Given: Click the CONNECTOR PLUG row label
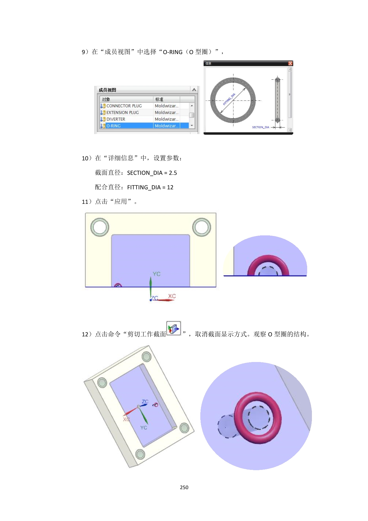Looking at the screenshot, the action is tap(124, 106).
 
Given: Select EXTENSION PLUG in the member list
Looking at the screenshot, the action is tap(123, 113).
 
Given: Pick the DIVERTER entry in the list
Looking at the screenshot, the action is tap(116, 119).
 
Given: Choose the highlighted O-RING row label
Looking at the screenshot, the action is tap(113, 126).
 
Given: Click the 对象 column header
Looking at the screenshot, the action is tap(106, 99).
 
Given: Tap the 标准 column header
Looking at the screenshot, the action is tap(159, 99).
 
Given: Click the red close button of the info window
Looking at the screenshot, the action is tap(290, 63).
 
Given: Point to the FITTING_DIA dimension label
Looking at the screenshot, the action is tap(229, 99).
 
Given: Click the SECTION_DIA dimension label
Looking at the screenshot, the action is tap(261, 127).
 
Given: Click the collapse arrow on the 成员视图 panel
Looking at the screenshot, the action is tap(194, 90).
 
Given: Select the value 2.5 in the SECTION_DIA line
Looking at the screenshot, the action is tap(173, 173).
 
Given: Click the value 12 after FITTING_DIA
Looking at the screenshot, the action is tap(170, 188).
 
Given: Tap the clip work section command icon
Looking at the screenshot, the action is tap(174, 328).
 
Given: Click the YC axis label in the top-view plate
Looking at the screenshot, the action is tap(156, 274).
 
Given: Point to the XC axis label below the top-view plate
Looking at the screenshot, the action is tap(172, 296).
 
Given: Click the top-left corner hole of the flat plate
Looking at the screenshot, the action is tap(100, 227).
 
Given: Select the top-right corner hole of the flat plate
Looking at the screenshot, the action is tap(202, 227).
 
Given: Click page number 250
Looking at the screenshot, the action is tap(184, 487).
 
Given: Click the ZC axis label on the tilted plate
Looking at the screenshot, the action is tap(145, 402).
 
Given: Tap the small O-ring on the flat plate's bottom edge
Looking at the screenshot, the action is tap(118, 285).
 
